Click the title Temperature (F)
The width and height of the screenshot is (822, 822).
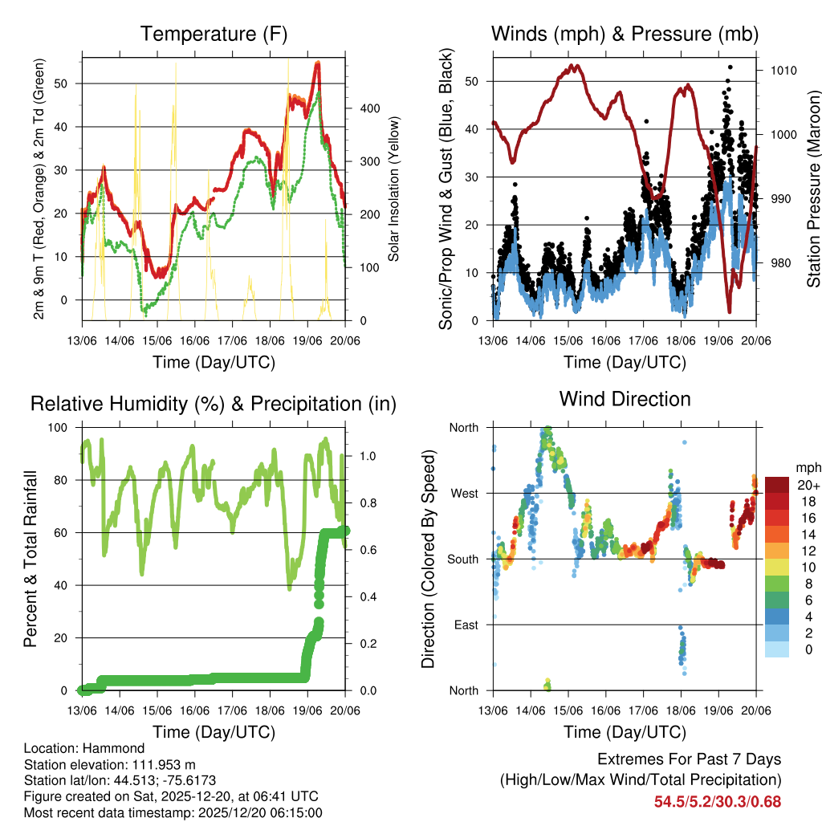(x=214, y=35)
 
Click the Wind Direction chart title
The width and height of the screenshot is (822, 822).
(x=625, y=399)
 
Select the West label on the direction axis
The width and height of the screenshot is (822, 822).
(x=463, y=494)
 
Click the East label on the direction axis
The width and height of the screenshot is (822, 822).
(x=465, y=625)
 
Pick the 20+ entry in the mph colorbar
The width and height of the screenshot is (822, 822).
(x=808, y=485)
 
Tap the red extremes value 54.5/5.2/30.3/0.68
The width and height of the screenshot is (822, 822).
(x=718, y=802)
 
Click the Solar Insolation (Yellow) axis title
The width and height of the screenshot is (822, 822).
(x=393, y=189)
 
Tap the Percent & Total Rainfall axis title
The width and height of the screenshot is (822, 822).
(x=30, y=560)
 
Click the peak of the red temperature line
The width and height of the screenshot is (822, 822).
(x=317, y=63)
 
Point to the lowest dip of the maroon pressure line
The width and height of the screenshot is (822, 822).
(x=730, y=311)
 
